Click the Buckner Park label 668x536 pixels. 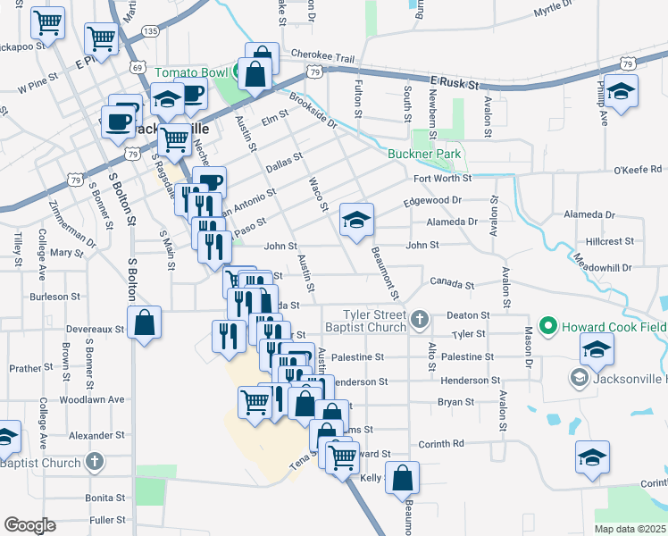point(424,154)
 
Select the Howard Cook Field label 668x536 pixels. point(614,326)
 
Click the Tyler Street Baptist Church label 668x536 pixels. point(375,321)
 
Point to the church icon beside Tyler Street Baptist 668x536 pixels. point(419,318)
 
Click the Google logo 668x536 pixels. point(29,525)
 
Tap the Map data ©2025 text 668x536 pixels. point(630,529)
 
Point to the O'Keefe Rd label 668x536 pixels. point(638,169)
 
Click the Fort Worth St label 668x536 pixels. point(442,179)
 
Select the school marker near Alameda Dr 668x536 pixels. point(356,221)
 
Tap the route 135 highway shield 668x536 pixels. point(149,31)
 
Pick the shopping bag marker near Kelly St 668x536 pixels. point(404,479)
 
